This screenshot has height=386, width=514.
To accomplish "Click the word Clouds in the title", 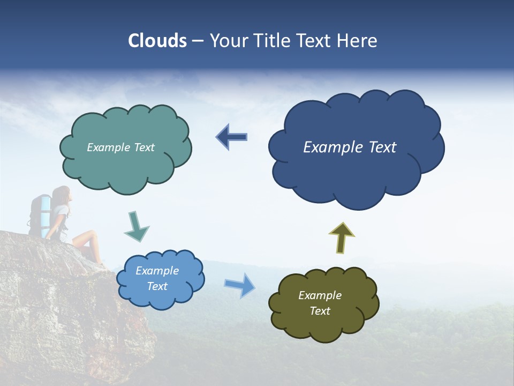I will pyautogui.click(x=157, y=41).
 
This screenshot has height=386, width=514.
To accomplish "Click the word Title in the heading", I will pyautogui.click(x=272, y=41).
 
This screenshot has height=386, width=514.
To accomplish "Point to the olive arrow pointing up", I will pyautogui.click(x=342, y=237).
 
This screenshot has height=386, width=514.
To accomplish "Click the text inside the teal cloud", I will pyautogui.click(x=120, y=147).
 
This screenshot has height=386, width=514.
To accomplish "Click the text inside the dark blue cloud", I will pyautogui.click(x=350, y=147).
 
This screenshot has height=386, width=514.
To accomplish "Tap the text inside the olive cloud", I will pyautogui.click(x=320, y=303).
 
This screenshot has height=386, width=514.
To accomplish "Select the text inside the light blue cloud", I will pyautogui.click(x=157, y=278).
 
